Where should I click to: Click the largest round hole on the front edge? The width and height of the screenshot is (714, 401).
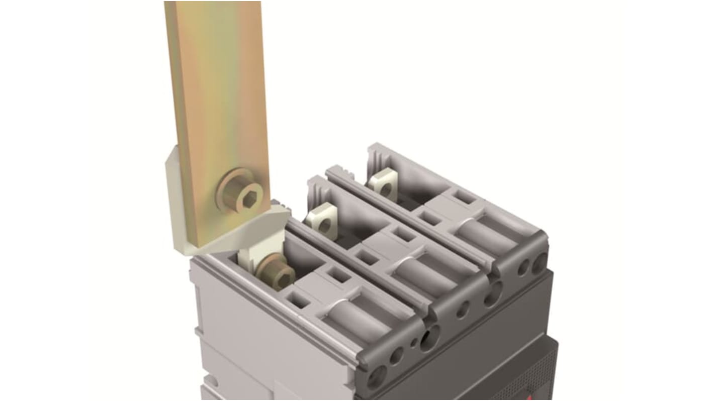click(x=430, y=337)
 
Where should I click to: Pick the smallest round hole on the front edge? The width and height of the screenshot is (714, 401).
click(x=413, y=343)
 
